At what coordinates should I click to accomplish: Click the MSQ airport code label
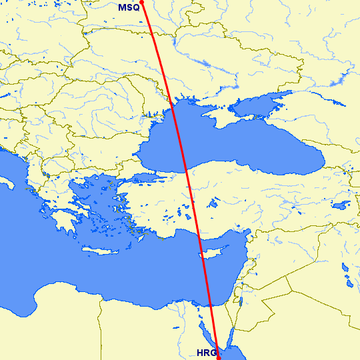click(129, 7)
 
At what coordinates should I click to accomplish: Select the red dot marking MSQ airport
click(142, 2)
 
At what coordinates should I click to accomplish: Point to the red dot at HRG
click(218, 357)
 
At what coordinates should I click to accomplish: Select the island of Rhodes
click(141, 233)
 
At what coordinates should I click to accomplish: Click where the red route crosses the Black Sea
click(179, 140)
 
